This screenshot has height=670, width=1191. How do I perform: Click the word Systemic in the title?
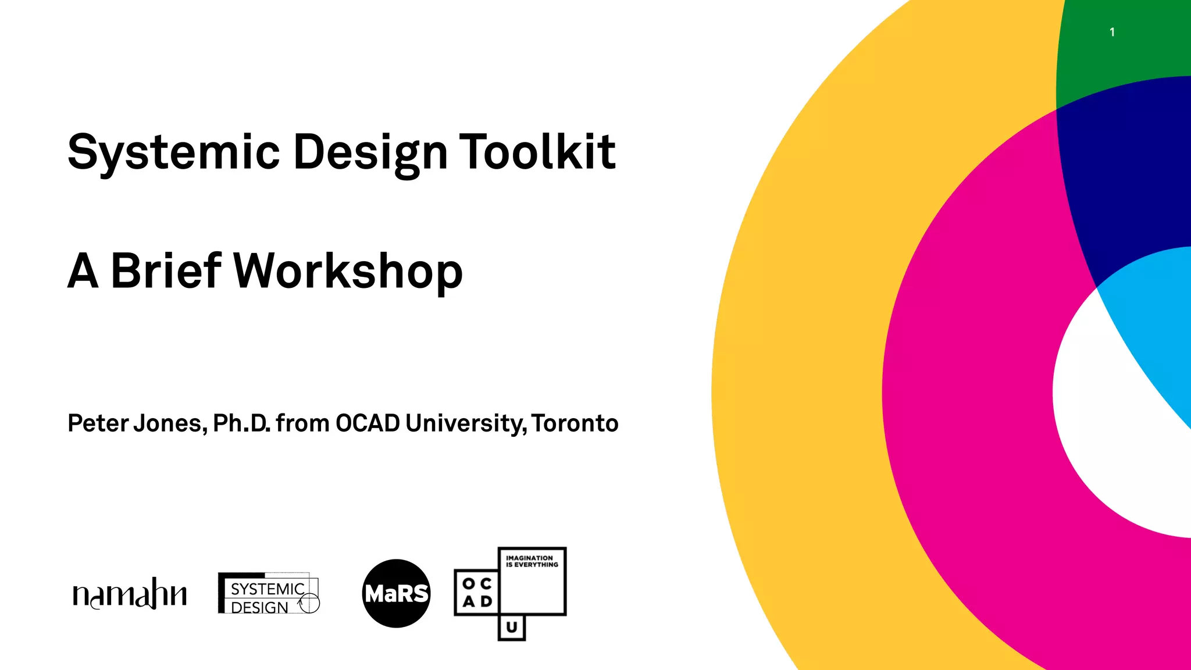tap(173, 152)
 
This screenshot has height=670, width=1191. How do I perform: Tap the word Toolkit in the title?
tap(537, 152)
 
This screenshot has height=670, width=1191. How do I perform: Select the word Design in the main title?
tap(370, 152)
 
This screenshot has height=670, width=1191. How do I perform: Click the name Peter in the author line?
tap(98, 423)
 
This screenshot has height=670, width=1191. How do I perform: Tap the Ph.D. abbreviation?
tap(241, 423)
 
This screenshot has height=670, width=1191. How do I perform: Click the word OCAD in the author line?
tap(368, 423)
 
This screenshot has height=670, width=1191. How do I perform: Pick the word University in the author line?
tap(466, 423)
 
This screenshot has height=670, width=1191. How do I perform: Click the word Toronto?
tap(575, 423)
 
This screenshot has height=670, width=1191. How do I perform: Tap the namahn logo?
tap(130, 594)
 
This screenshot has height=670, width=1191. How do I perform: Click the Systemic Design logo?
tap(269, 594)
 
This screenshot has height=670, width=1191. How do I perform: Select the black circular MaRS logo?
tap(396, 594)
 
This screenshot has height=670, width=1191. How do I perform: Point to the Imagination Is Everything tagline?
tap(532, 561)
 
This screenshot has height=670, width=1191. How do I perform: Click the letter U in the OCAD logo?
tap(512, 628)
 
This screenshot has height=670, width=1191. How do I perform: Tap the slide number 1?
tap(1112, 33)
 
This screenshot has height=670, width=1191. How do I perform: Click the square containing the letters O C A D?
tap(477, 592)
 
